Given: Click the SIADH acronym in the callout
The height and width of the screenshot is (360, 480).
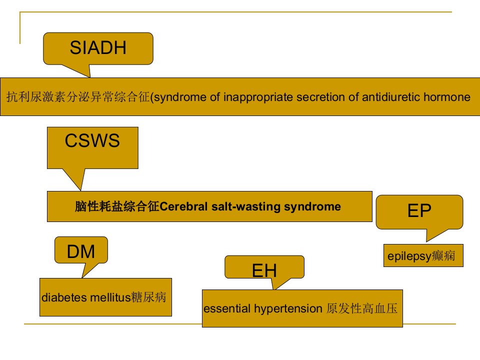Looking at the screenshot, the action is tap(98, 47).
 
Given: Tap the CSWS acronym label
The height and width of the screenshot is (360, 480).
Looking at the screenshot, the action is tap(92, 140).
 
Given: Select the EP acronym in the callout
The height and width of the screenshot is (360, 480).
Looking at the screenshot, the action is tap(419, 210).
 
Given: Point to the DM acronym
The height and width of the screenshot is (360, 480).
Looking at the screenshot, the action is tap(81, 251).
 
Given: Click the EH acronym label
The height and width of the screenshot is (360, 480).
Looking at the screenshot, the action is tap(264, 270).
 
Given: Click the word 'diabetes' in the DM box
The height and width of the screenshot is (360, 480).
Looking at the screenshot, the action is tap(64, 297).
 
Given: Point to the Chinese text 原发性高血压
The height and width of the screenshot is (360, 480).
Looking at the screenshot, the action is tap(362, 308).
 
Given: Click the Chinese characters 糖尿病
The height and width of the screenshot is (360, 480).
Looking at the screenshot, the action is tap(149, 297).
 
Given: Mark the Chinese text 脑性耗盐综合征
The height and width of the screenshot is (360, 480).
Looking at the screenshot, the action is tap(117, 206).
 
